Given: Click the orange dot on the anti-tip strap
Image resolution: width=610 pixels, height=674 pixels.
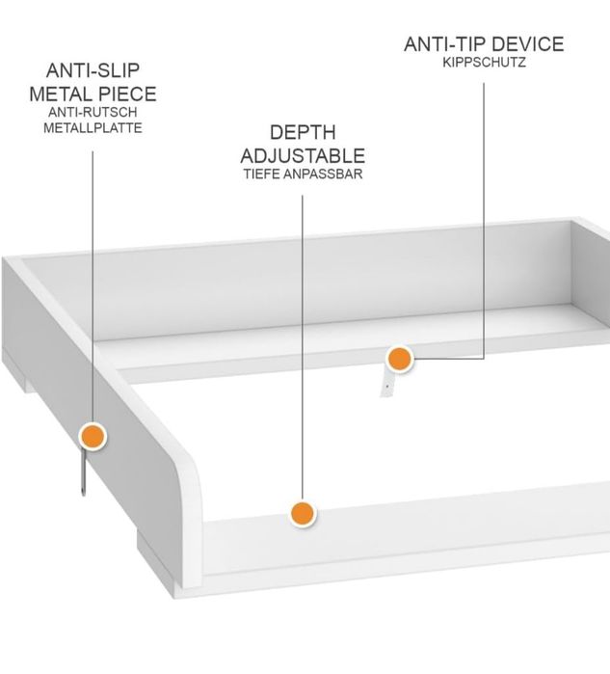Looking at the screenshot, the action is pos(400,359).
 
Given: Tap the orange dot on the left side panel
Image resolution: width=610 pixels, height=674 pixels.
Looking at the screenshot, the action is pos(93,436).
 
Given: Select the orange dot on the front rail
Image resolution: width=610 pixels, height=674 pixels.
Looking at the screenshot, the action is pos(303,513).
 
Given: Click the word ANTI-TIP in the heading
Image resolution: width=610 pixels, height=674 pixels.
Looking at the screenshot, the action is pos(445,44).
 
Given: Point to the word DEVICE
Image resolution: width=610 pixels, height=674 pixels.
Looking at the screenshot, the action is pos(528,44).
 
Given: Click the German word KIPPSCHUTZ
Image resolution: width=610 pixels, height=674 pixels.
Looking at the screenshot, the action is pos(484,63).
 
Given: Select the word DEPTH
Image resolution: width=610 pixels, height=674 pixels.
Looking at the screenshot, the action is pos(303,132).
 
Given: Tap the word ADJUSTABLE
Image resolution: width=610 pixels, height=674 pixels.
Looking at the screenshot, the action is pos(303,155).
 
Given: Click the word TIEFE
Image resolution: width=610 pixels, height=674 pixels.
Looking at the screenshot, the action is pos(262,175).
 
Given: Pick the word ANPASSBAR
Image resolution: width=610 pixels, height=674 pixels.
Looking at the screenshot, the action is pos(324,175).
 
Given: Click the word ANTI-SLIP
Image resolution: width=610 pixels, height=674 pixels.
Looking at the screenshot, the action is pos(93,70).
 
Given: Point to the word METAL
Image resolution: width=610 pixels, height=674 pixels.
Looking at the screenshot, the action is pos(60,94).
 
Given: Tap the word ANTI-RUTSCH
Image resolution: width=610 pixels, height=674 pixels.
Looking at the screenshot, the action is pos(93,112).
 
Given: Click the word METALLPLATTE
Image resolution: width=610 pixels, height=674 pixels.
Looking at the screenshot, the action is pos(93,128).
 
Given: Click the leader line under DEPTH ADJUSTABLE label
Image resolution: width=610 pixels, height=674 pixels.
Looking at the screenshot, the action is pos(303,347).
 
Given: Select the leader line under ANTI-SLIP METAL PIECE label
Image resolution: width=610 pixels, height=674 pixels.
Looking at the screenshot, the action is pos(93,286).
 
